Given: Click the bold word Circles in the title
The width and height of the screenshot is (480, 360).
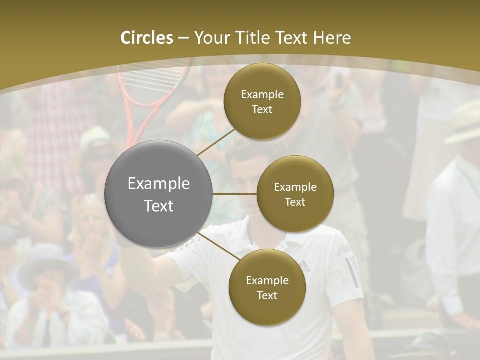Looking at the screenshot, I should point(146,38).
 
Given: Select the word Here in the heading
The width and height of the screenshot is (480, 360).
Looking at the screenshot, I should point(332,38).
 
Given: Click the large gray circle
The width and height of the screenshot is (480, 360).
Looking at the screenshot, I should point(159,194).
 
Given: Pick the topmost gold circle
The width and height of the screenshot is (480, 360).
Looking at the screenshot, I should point(262,101).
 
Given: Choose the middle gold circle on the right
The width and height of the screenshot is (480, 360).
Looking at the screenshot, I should point(295,194).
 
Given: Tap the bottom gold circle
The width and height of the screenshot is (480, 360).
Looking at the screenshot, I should point(267,287).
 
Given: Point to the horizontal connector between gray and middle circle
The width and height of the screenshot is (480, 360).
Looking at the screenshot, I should point(235,194).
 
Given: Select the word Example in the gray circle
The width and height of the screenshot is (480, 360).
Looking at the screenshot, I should point(159,184).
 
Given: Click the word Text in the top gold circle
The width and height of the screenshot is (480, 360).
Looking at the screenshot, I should point(262,110).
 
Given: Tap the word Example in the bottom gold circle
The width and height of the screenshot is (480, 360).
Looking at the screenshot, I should point(267,280).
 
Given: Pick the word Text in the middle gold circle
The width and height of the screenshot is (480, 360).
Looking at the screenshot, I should point(295,202).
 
